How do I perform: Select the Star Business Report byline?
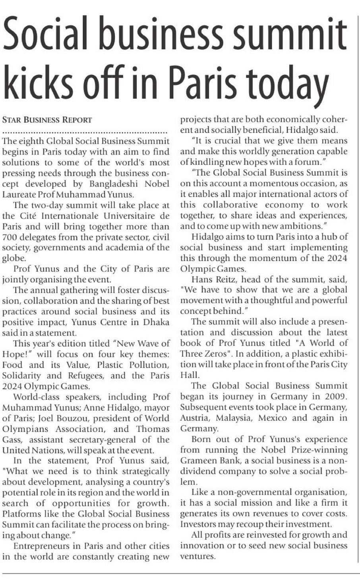47,120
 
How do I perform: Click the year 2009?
334,397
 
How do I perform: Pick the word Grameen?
199,461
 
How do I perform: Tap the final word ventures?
198,556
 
